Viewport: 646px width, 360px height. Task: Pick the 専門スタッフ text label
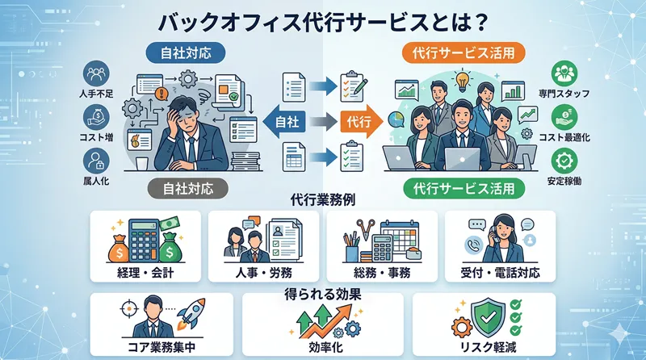click(x=564, y=95)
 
